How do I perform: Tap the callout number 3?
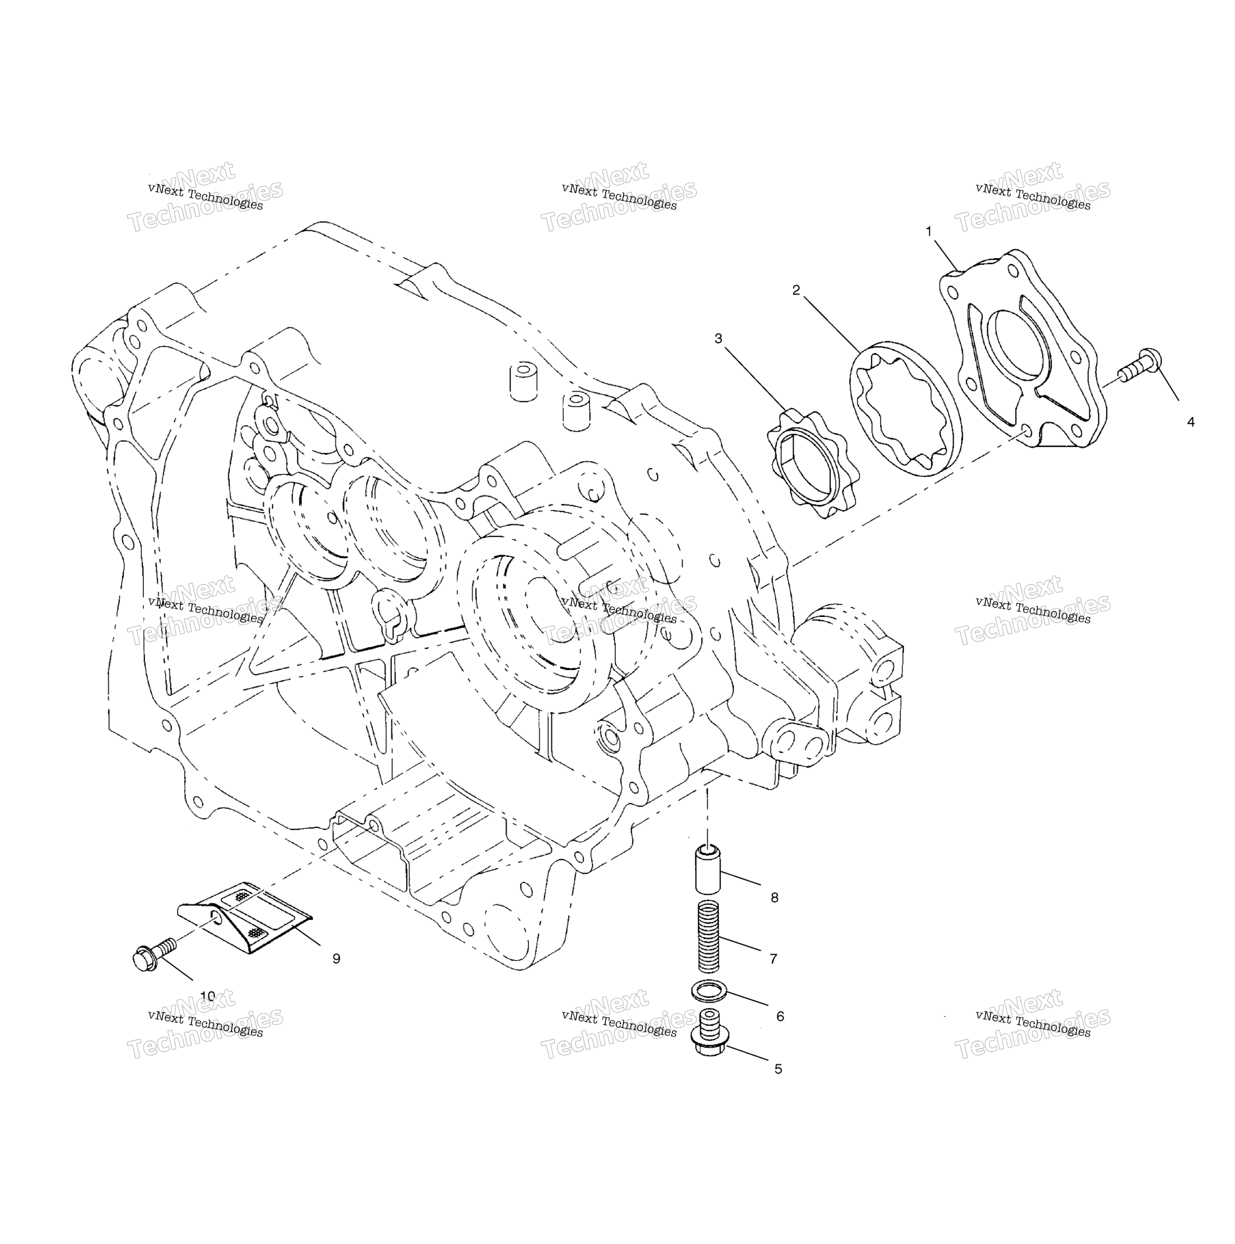coord(718,339)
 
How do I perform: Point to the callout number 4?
coord(1190,422)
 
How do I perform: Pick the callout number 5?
coord(778,1069)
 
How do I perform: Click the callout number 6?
coord(780,1016)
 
